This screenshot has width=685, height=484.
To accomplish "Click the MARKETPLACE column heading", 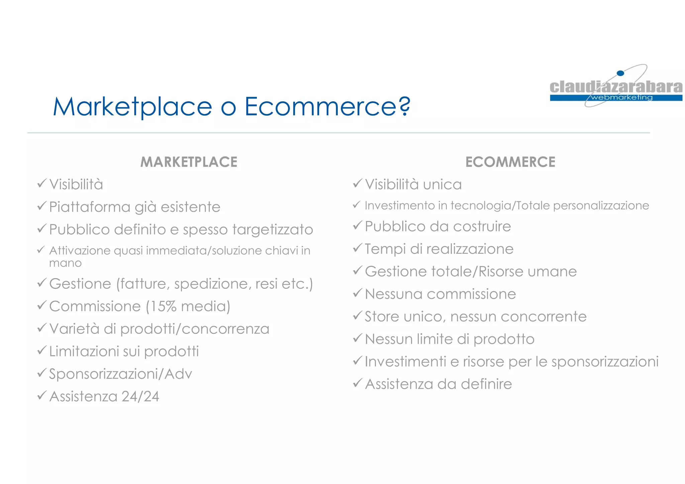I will tap(189, 162).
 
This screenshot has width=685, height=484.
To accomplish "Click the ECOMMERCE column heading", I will tap(510, 162).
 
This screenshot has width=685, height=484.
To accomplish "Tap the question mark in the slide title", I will tap(405, 106).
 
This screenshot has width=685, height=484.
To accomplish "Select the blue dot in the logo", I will tap(620, 73).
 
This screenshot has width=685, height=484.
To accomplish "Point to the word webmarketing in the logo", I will tap(621, 98).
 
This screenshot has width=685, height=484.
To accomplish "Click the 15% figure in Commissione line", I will tap(163, 306).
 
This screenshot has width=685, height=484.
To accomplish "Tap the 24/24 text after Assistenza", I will tap(140, 396).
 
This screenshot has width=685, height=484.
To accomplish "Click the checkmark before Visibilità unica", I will tap(358, 183).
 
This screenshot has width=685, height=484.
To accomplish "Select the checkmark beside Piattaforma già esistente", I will tap(41, 206).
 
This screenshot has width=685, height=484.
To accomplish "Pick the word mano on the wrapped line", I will tap(65, 263).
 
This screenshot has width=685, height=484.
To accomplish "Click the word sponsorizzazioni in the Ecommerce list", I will tap(605, 362).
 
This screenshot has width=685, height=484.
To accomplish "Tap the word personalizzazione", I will tap(601, 206).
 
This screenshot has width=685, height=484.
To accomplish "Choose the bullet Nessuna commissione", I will tap(440, 294).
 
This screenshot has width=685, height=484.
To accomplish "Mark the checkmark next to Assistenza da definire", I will tap(358, 383).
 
